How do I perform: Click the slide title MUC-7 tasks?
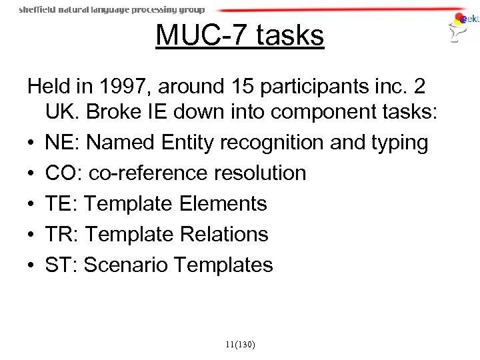point(239,35)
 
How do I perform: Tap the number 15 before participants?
point(250,87)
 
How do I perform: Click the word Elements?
point(223,203)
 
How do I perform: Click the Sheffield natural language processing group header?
point(112,10)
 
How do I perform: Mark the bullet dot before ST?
point(31,265)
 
